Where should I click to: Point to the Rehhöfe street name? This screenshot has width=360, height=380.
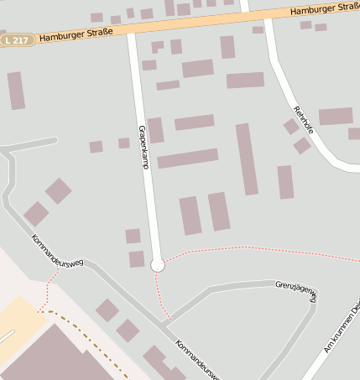coord(303,120)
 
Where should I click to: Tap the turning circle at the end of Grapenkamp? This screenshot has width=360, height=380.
coord(157,265)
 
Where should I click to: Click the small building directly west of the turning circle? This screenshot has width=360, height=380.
coord(136,259)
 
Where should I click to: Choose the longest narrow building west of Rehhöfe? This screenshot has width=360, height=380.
coord(247,159)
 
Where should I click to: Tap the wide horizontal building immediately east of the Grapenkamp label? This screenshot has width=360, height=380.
coord(187,159)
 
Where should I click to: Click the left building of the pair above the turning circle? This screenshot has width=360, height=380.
coord(190,216)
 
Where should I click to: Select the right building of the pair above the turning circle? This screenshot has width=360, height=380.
coord(219,211)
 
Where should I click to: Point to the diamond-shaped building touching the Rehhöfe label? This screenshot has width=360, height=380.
coord(291,127)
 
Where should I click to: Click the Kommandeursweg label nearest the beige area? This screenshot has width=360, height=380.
coord(57,251)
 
